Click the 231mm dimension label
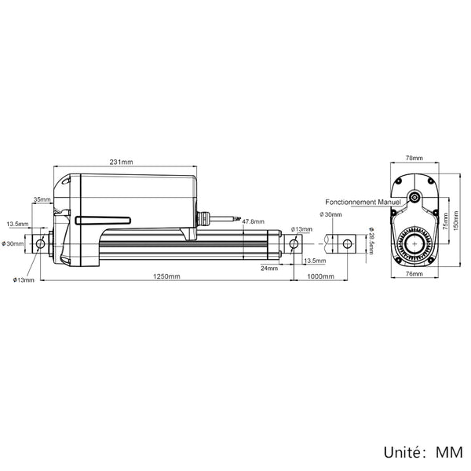121,162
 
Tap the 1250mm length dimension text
166,276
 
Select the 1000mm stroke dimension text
320,276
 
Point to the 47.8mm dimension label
254,221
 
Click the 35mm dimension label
42,199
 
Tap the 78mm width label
414,158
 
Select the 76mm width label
414,274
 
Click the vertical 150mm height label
455,221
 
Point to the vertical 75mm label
445,221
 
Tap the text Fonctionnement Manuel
363,202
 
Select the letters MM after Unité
449,453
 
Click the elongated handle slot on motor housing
103,221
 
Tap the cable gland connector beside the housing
203,218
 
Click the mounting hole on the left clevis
40,243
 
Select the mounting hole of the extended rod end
347,243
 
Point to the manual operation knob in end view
415,197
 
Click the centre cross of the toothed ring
414,244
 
